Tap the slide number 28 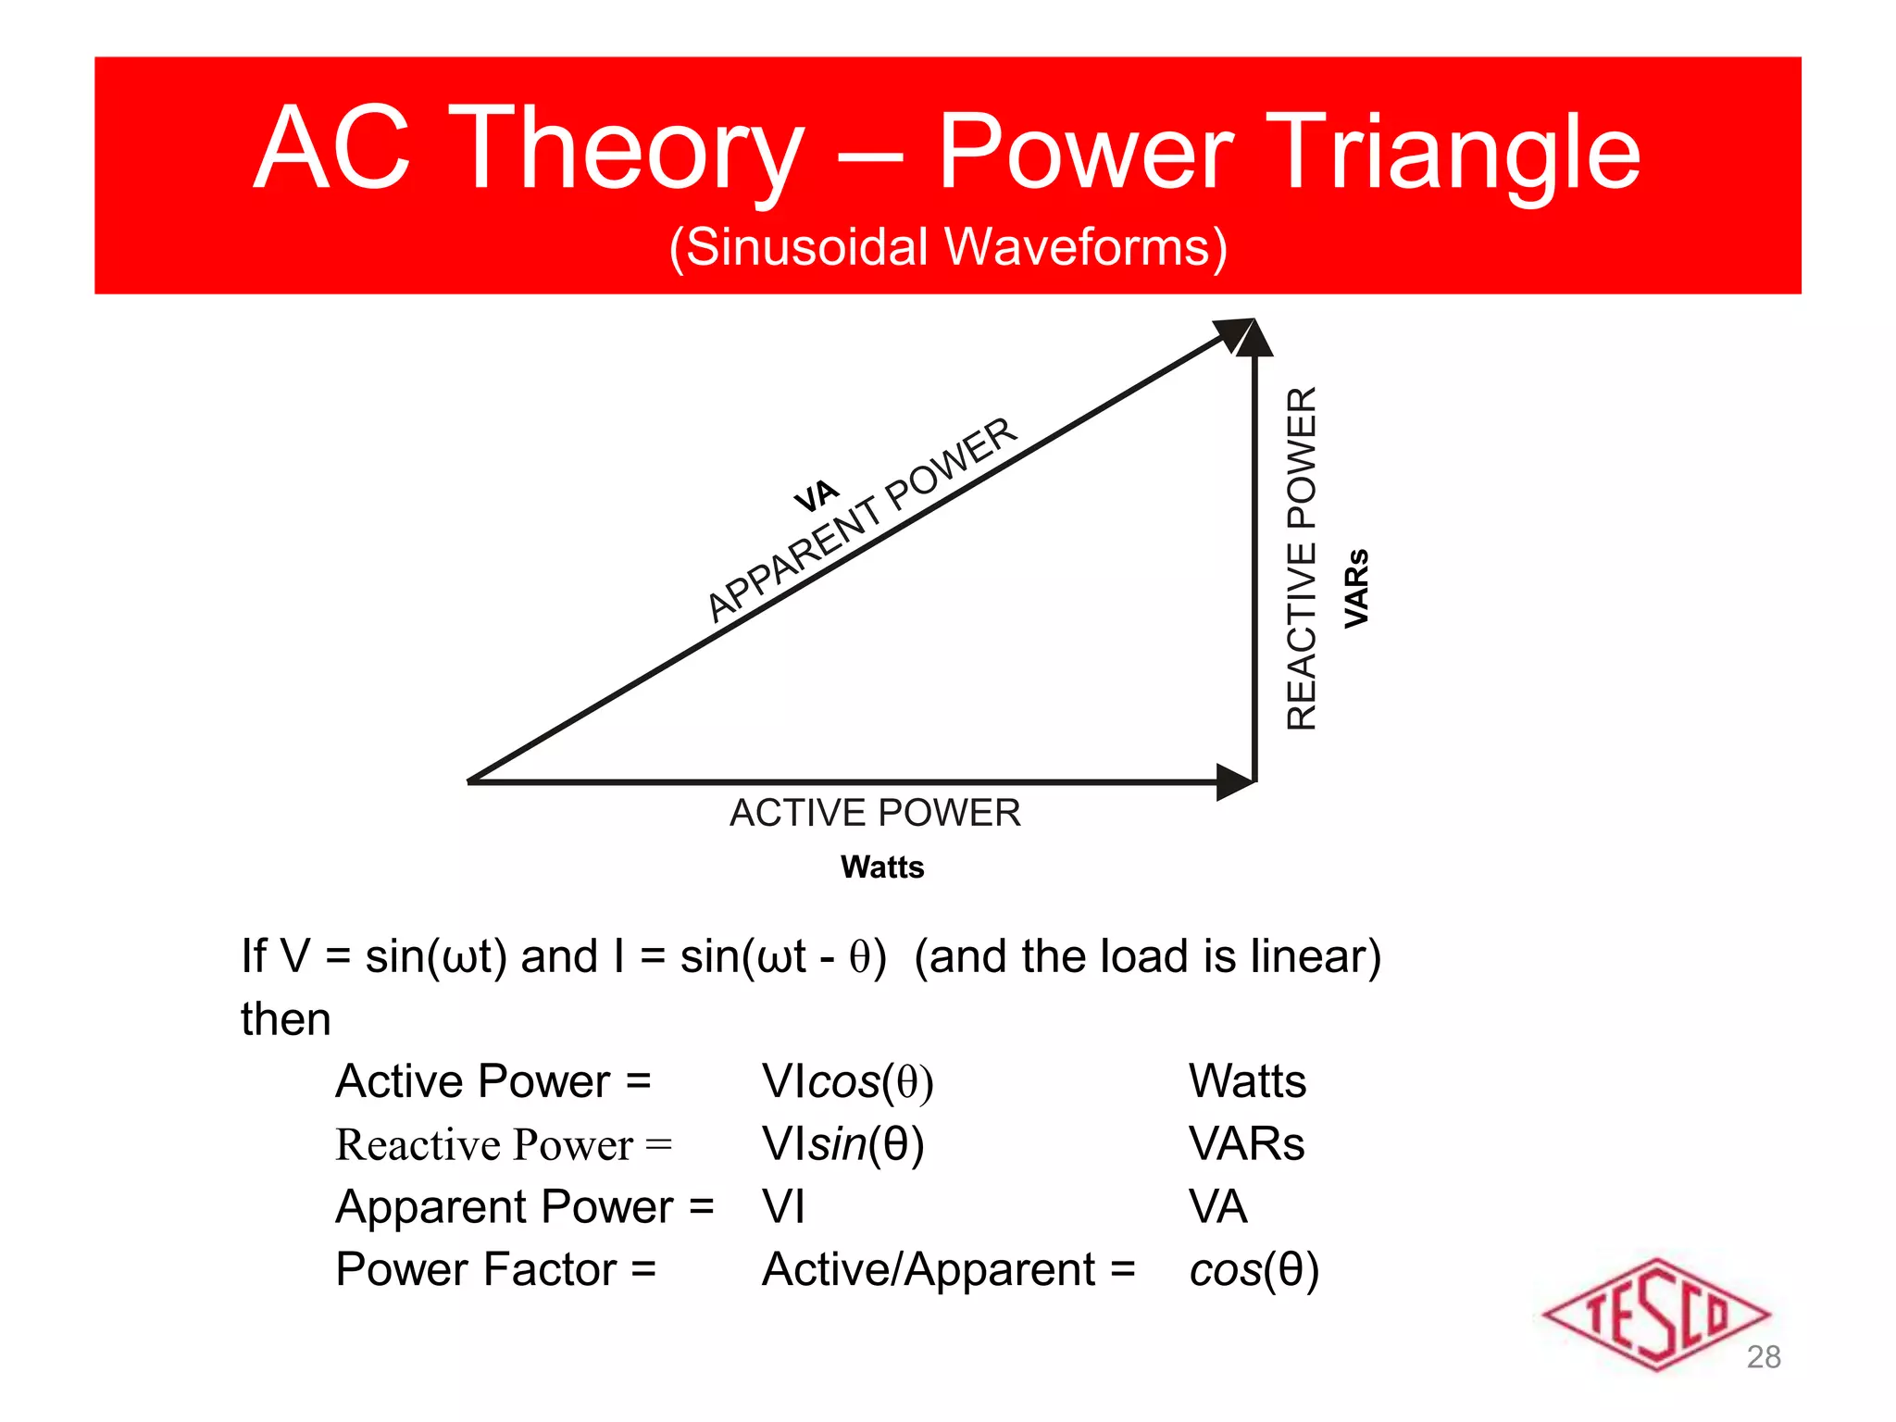pyautogui.click(x=1763, y=1357)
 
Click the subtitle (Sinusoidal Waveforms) pyautogui.click(x=947, y=247)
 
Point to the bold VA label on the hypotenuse pyautogui.click(x=816, y=496)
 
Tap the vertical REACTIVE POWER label pyautogui.click(x=1302, y=558)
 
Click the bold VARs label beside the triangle pyautogui.click(x=1356, y=589)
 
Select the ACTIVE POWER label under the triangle pyautogui.click(x=875, y=813)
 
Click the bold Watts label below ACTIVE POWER pyautogui.click(x=882, y=867)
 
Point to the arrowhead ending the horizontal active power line pyautogui.click(x=1234, y=782)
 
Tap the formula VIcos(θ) pyautogui.click(x=847, y=1081)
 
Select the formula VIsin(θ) pyautogui.click(x=842, y=1144)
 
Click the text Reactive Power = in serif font pyautogui.click(x=504, y=1145)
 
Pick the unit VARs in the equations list pyautogui.click(x=1246, y=1144)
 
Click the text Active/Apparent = pyautogui.click(x=948, y=1269)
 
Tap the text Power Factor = pyautogui.click(x=495, y=1269)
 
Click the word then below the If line pyautogui.click(x=285, y=1019)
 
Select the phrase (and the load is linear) pyautogui.click(x=1147, y=956)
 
